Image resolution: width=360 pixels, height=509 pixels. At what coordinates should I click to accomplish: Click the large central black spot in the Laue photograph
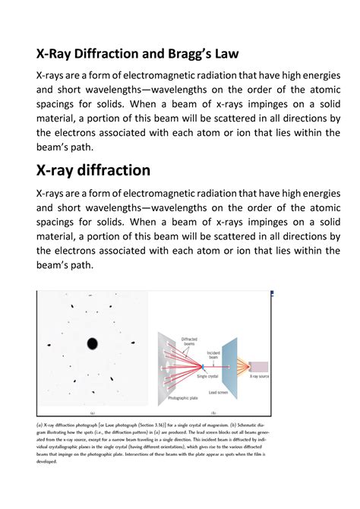tap(92, 343)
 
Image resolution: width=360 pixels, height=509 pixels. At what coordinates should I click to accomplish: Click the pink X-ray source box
tap(258, 366)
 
